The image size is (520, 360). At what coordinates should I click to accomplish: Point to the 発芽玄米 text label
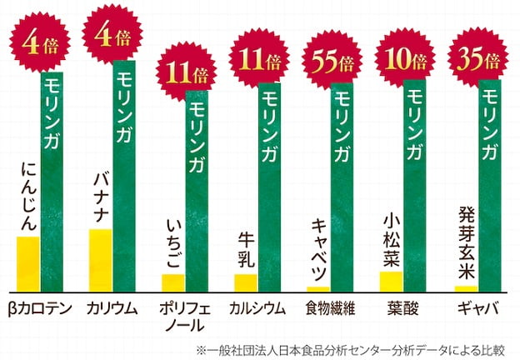click(x=467, y=242)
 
